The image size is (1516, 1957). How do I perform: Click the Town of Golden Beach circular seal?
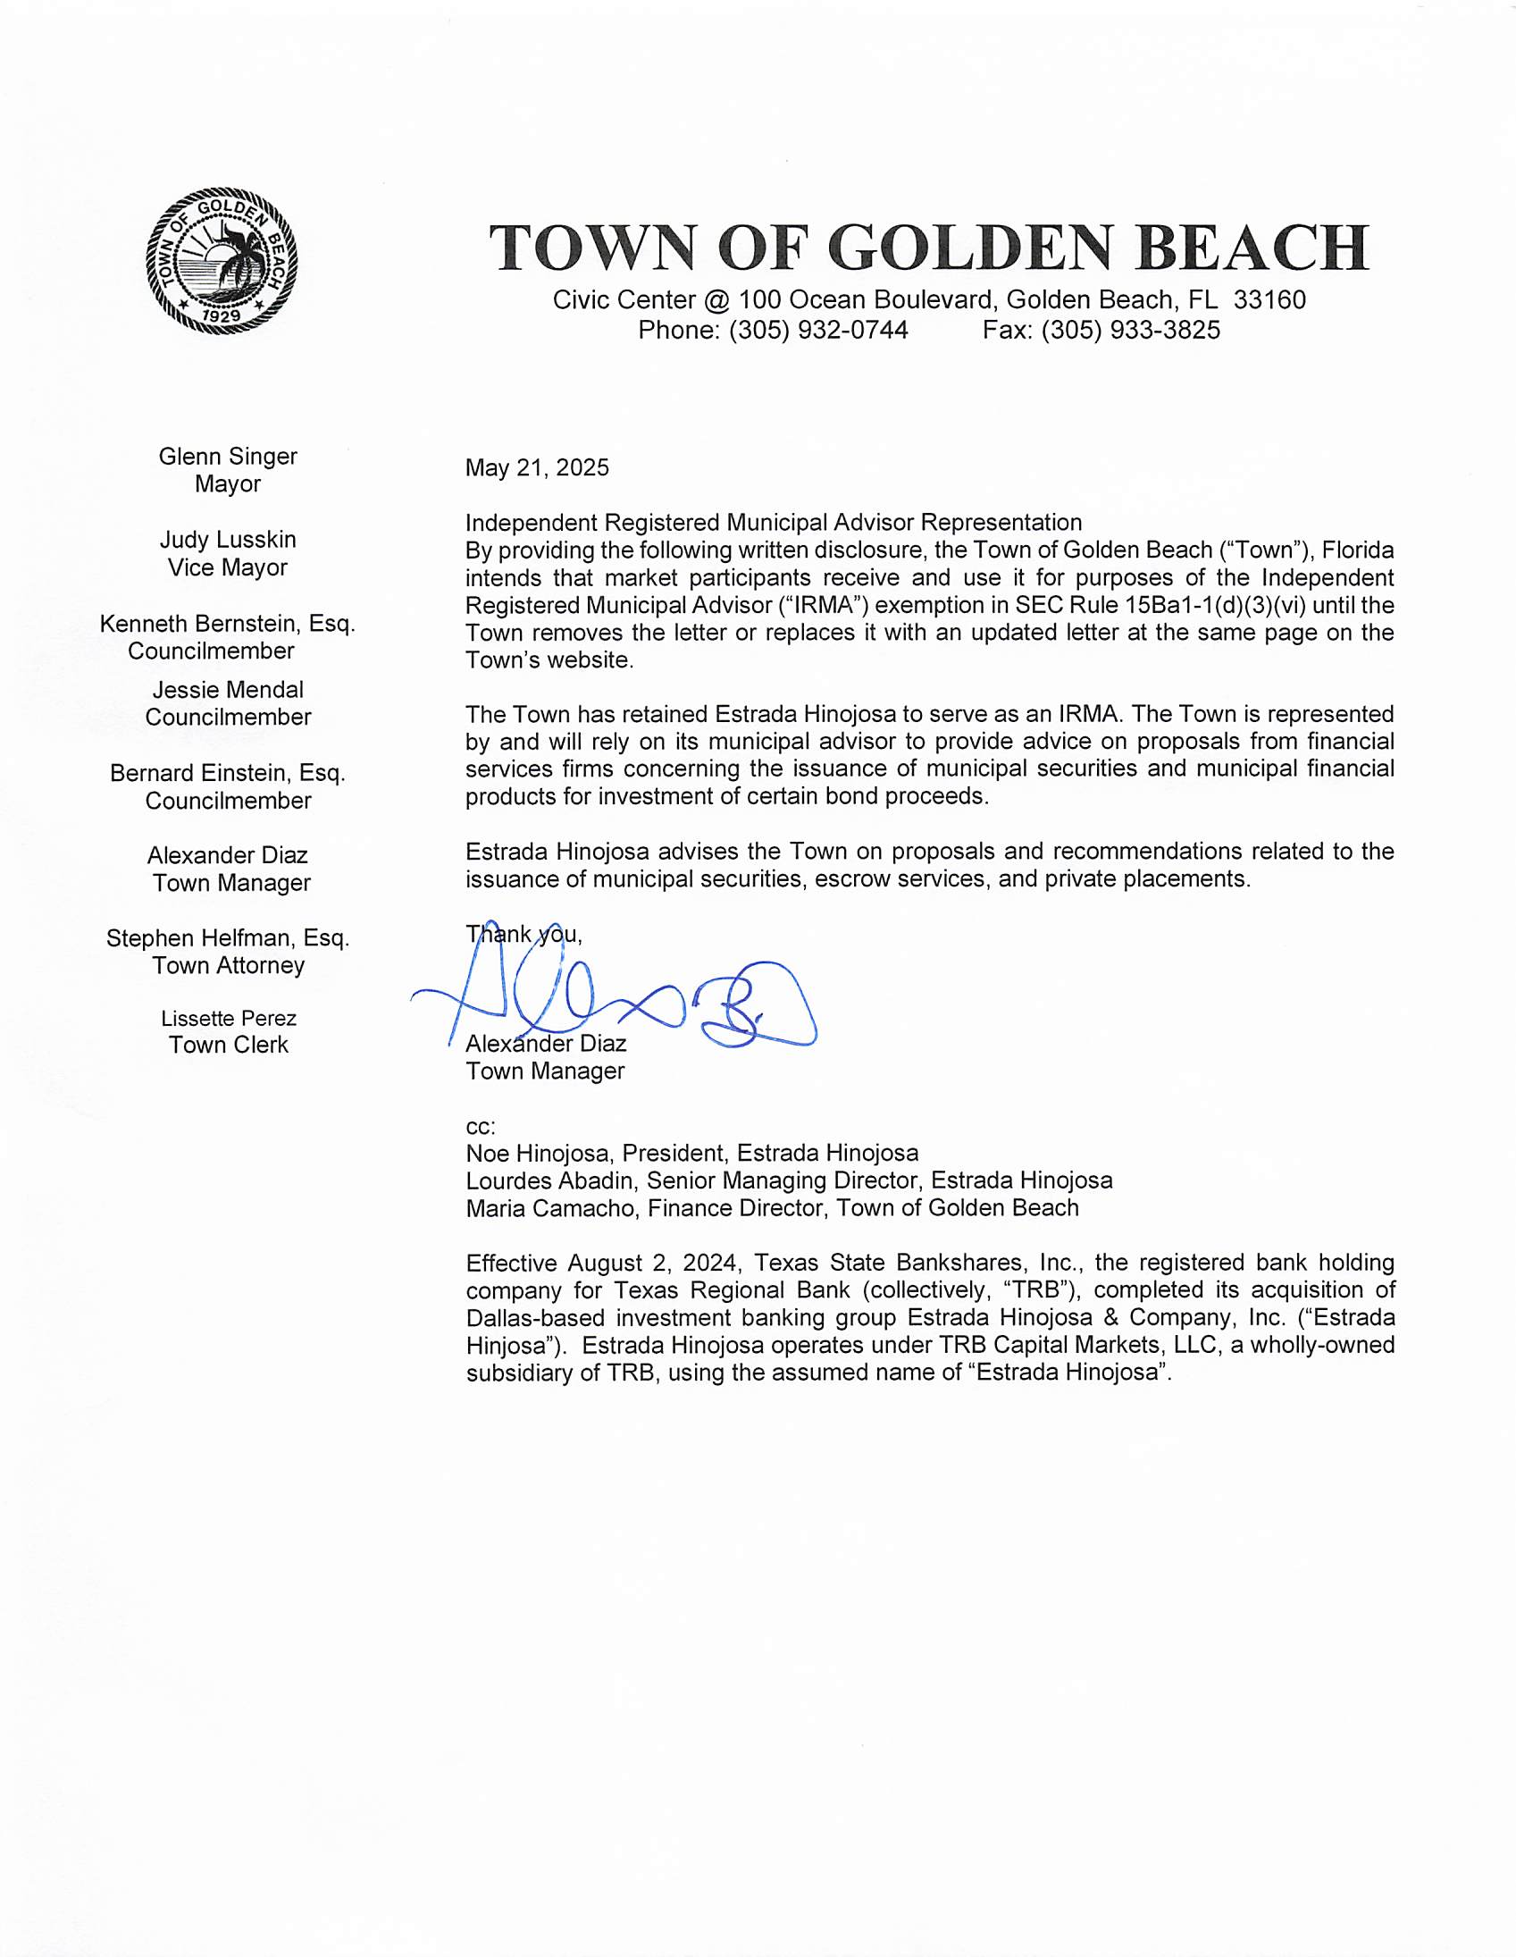222,262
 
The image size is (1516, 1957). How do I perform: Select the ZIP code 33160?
1269,300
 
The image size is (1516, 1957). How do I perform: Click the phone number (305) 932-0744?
818,331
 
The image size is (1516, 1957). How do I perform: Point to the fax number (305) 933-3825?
1131,331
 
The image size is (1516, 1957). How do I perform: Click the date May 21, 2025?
537,467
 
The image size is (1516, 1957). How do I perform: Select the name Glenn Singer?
228,456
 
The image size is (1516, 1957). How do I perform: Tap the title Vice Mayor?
228,568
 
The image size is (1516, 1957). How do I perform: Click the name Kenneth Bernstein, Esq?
228,624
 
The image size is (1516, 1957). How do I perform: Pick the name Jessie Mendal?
228,690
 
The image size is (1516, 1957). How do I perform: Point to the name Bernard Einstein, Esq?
228,773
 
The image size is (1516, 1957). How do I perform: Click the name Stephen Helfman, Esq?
228,938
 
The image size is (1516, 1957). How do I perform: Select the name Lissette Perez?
229,1019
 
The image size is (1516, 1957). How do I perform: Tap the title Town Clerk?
229,1046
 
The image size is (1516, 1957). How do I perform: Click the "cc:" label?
481,1126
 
